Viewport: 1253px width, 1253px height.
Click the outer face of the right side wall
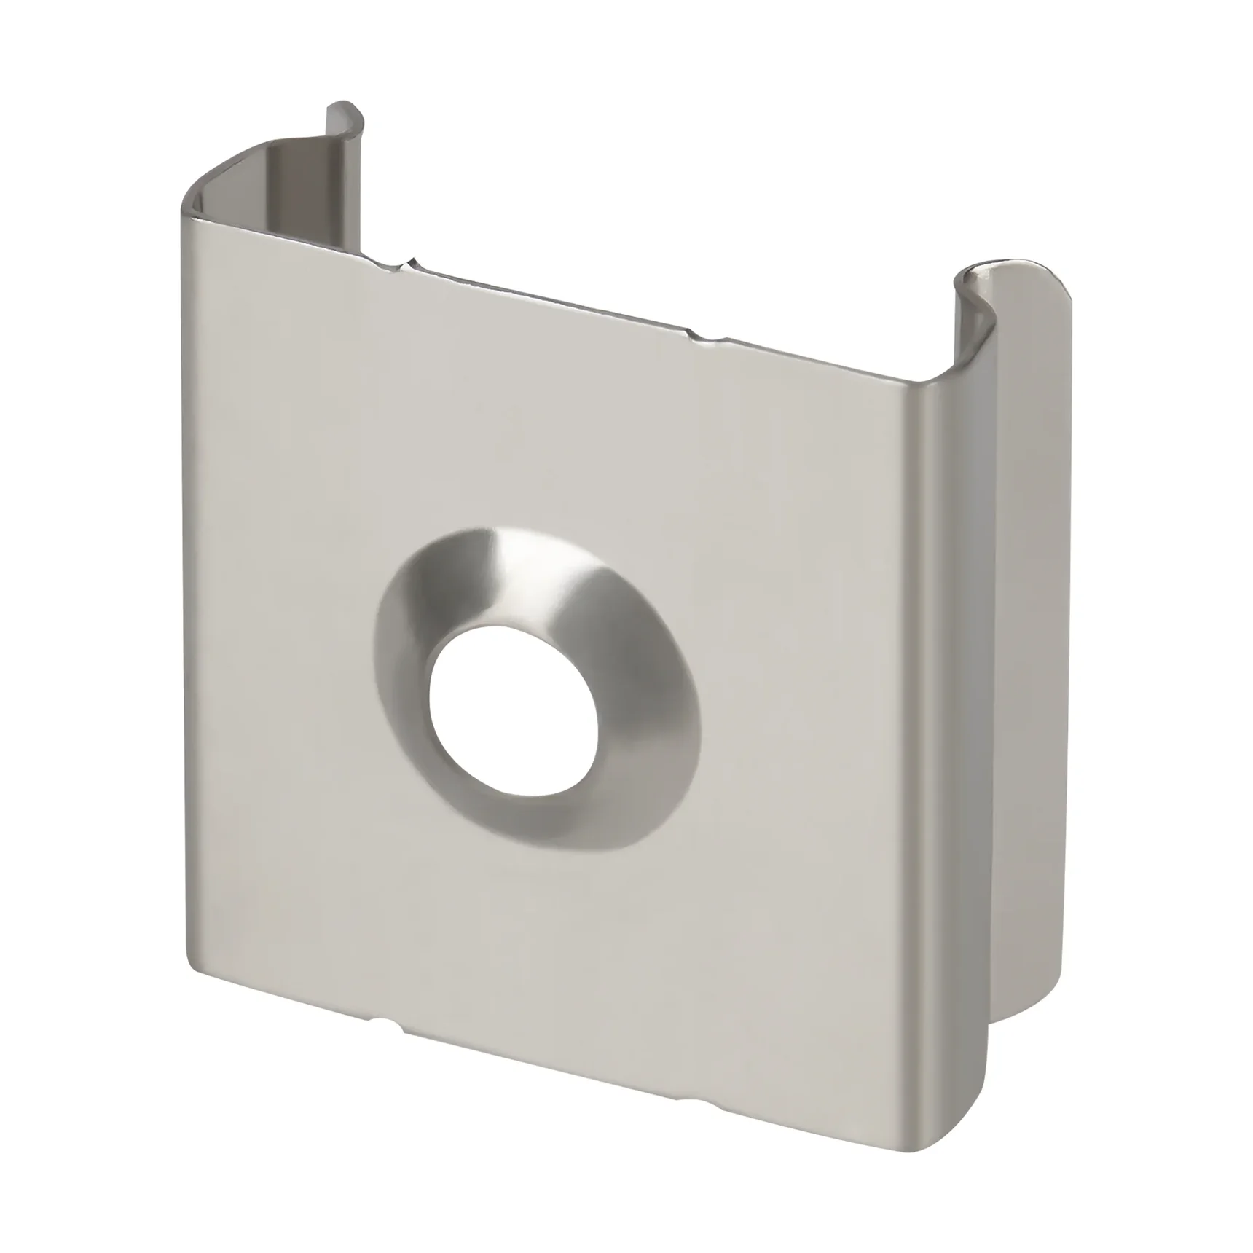1034,656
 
